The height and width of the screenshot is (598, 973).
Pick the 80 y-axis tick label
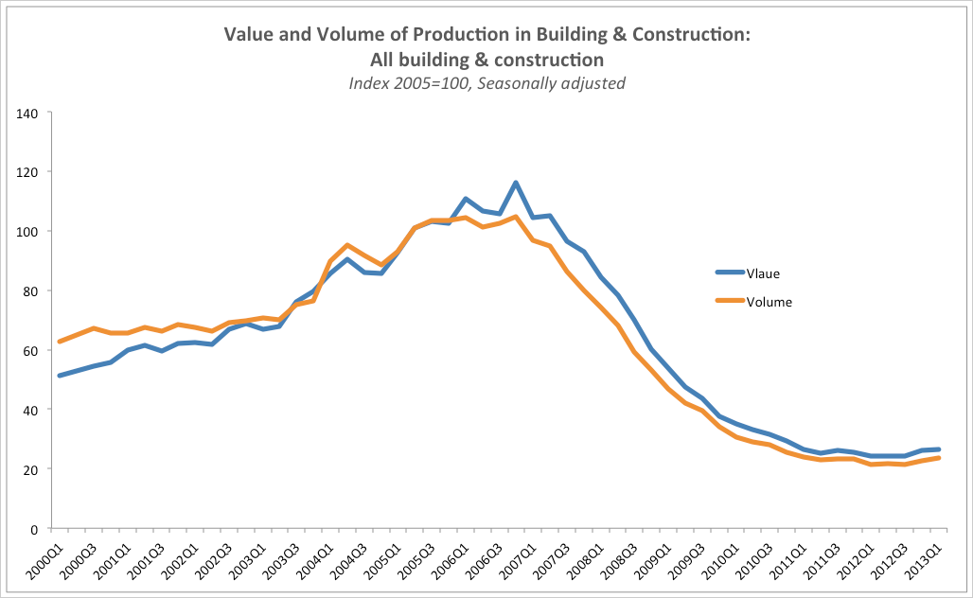click(x=30, y=291)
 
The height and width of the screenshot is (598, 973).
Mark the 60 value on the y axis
click(x=30, y=351)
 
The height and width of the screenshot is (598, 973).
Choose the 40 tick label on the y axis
click(x=30, y=410)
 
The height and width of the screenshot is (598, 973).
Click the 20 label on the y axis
click(x=30, y=469)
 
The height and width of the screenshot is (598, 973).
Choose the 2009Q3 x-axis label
click(x=689, y=560)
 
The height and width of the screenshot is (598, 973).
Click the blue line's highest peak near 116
click(x=516, y=183)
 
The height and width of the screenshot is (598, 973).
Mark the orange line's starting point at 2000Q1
click(x=60, y=342)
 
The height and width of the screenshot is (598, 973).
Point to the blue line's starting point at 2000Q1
click(x=60, y=376)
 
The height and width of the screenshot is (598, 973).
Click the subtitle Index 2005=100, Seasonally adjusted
click(x=486, y=83)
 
